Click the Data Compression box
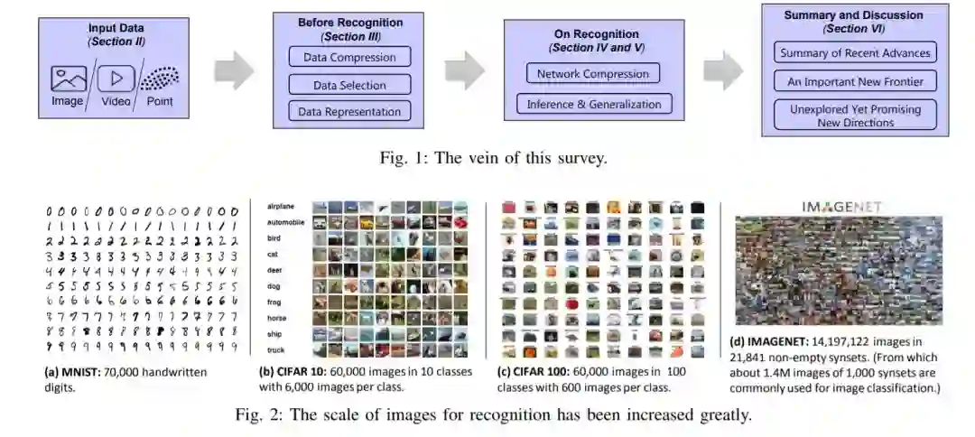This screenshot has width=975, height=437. tap(349, 57)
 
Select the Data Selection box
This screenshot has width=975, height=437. tap(349, 85)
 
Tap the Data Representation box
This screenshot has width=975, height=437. tap(349, 112)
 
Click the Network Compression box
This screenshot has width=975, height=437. tap(592, 74)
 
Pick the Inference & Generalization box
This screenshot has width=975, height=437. tap(593, 104)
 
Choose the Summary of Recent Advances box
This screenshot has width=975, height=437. tap(854, 52)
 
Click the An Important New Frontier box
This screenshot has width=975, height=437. tap(854, 81)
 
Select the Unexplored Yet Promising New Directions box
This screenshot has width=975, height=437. tap(854, 115)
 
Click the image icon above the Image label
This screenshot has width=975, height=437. tap(69, 79)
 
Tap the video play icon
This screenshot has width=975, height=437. tap(116, 78)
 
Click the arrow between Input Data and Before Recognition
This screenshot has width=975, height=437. tap(234, 71)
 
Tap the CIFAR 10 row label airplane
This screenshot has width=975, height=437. tap(283, 207)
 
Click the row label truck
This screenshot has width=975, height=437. tap(276, 350)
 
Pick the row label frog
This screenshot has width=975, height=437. tap(275, 302)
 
